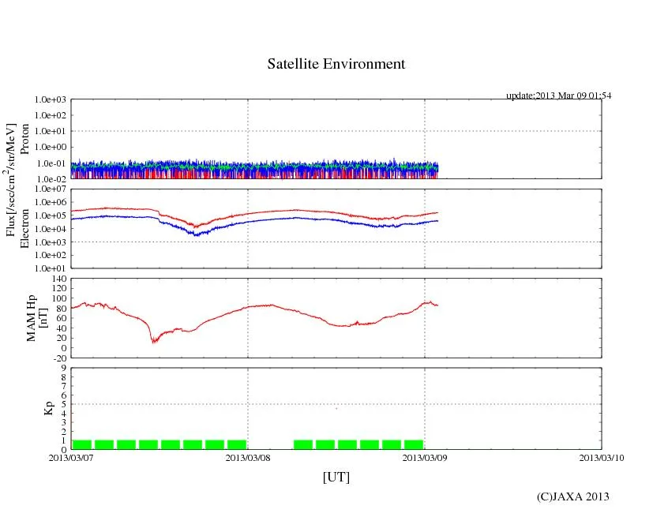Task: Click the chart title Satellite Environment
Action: [336, 64]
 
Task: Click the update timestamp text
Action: [558, 96]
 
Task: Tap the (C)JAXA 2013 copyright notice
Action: [572, 496]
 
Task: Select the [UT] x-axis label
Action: [336, 477]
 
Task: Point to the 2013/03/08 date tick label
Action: [248, 458]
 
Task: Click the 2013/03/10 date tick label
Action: [602, 458]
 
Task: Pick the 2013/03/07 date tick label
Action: [71, 458]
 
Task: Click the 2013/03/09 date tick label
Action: [425, 458]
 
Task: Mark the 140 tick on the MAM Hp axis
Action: [58, 279]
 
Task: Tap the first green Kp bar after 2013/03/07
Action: [82, 444]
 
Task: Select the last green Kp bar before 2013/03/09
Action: [414, 444]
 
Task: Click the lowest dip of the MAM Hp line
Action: [154, 341]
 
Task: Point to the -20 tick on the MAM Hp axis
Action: [58, 358]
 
